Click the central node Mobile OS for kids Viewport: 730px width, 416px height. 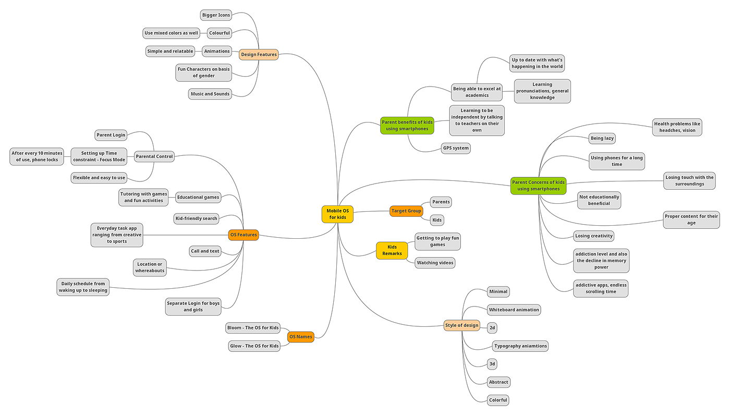[x=337, y=214]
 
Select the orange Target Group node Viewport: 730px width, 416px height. [x=406, y=211]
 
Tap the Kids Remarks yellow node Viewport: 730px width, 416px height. [x=392, y=250]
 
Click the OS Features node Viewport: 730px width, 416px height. [x=244, y=235]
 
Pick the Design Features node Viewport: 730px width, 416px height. [x=259, y=54]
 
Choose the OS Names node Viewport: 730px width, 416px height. [x=301, y=337]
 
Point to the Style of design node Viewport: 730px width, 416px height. [x=461, y=325]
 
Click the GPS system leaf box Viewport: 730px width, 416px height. [x=455, y=148]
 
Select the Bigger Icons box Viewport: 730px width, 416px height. [x=216, y=15]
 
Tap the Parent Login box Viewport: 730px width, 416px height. [x=111, y=135]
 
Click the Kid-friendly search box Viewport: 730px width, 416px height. [x=196, y=218]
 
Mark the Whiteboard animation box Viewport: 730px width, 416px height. [x=514, y=310]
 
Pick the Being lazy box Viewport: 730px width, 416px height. [x=602, y=138]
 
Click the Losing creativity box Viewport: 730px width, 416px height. [x=593, y=236]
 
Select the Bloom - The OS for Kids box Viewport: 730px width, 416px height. [x=253, y=328]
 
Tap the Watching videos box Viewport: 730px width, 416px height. [x=435, y=263]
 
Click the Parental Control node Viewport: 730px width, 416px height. [x=154, y=156]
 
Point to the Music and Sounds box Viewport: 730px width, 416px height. [x=210, y=94]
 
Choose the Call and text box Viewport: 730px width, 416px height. [x=205, y=251]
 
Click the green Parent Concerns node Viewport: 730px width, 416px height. [x=538, y=186]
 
